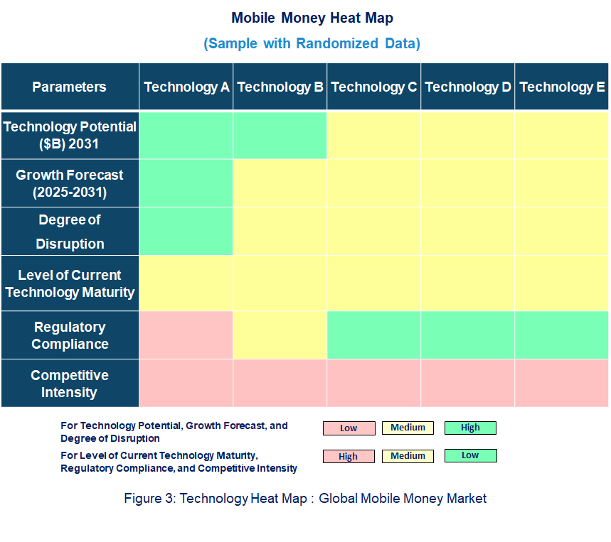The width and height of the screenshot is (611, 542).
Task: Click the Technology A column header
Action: [x=186, y=87]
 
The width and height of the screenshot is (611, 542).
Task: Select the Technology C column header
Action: [x=374, y=87]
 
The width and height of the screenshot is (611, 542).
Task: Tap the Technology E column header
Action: [x=562, y=87]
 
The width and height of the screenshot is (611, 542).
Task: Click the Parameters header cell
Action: [x=70, y=87]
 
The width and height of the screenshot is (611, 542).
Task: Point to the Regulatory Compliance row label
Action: [x=70, y=335]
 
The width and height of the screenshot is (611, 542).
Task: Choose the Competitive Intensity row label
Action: [x=70, y=384]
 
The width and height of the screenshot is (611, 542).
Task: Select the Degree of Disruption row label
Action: [x=70, y=232]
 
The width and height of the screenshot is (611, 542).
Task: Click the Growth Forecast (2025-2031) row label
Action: [x=70, y=183]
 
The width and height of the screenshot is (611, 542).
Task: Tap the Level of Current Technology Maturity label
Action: [x=70, y=283]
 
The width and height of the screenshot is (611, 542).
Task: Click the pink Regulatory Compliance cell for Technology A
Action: [x=186, y=335]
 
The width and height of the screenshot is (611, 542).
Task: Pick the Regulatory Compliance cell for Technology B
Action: [x=280, y=335]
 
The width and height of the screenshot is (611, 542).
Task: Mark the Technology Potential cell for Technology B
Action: [x=280, y=135]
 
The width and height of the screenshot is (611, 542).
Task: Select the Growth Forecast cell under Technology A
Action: [x=186, y=183]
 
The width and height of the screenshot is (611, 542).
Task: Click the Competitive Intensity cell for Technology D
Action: [x=468, y=384]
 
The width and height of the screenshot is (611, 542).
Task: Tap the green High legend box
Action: [x=470, y=428]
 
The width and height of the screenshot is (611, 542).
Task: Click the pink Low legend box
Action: [x=349, y=428]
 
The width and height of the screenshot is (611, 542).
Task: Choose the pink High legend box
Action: [x=349, y=457]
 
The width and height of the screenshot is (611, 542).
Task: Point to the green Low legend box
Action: [x=470, y=455]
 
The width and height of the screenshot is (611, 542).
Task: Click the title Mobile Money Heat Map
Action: [x=312, y=18]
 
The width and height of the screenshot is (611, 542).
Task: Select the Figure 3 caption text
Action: [x=305, y=498]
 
